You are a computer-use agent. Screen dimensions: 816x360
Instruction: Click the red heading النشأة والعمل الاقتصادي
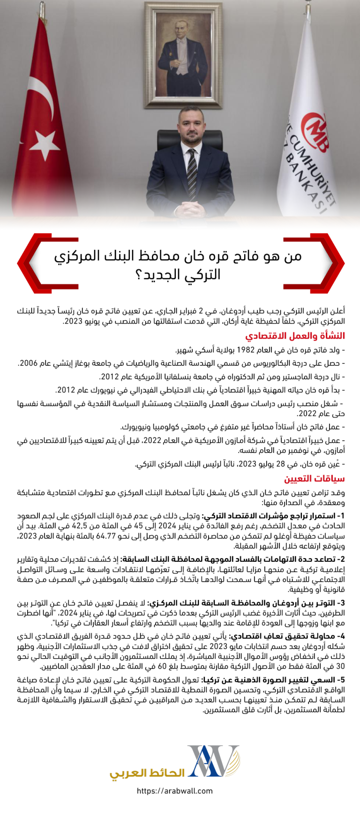pos(295,336)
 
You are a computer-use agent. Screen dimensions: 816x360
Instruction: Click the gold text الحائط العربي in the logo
pos(147,772)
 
